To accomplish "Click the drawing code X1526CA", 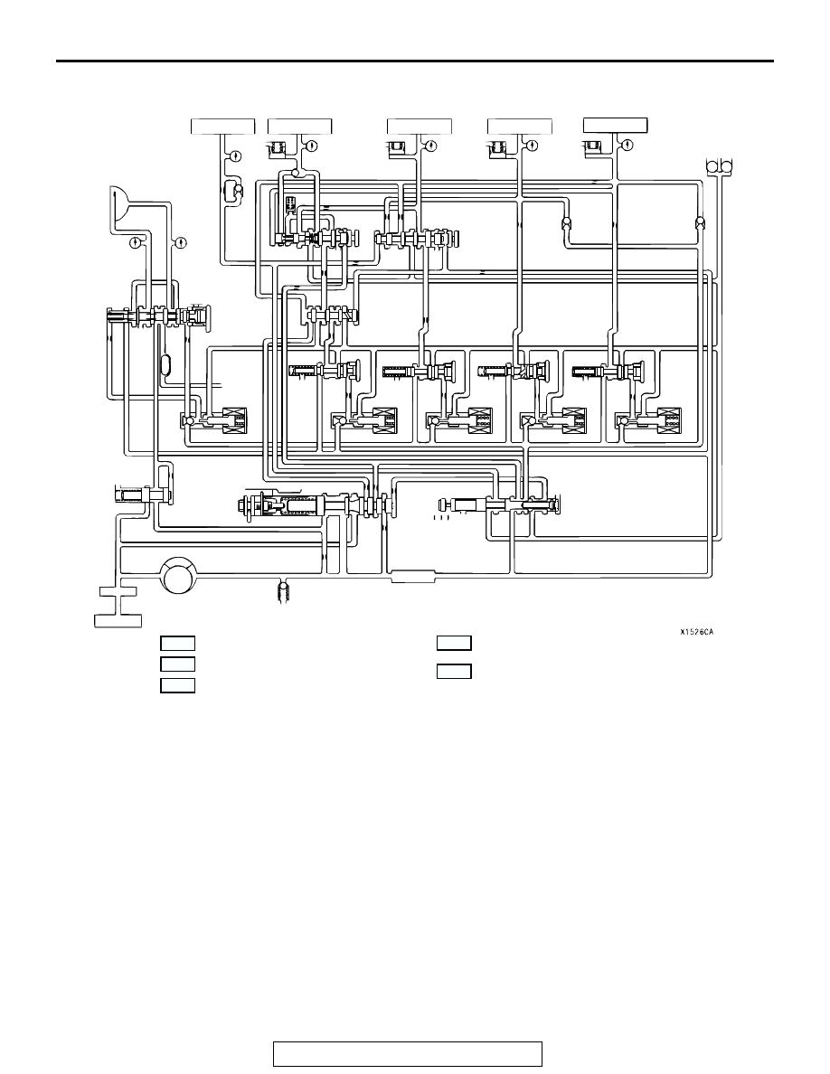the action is pos(696,632).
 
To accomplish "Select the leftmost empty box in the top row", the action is pos(222,126).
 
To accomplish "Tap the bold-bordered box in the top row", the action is pos(615,126).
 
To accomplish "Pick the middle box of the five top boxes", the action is pos(420,126).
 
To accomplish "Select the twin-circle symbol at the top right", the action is pos(719,166).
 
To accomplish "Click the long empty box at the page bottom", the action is pos(408,1054).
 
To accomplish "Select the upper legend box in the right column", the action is pos(454,643).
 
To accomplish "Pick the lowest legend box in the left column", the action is pos(177,685).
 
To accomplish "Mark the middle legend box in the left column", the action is pos(177,664).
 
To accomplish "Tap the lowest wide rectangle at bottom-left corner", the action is pos(118,620).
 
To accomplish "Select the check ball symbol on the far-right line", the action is pos(700,224).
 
